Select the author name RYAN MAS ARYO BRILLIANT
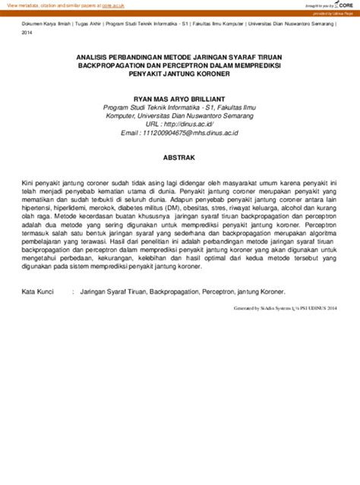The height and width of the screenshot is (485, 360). [180, 99]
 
